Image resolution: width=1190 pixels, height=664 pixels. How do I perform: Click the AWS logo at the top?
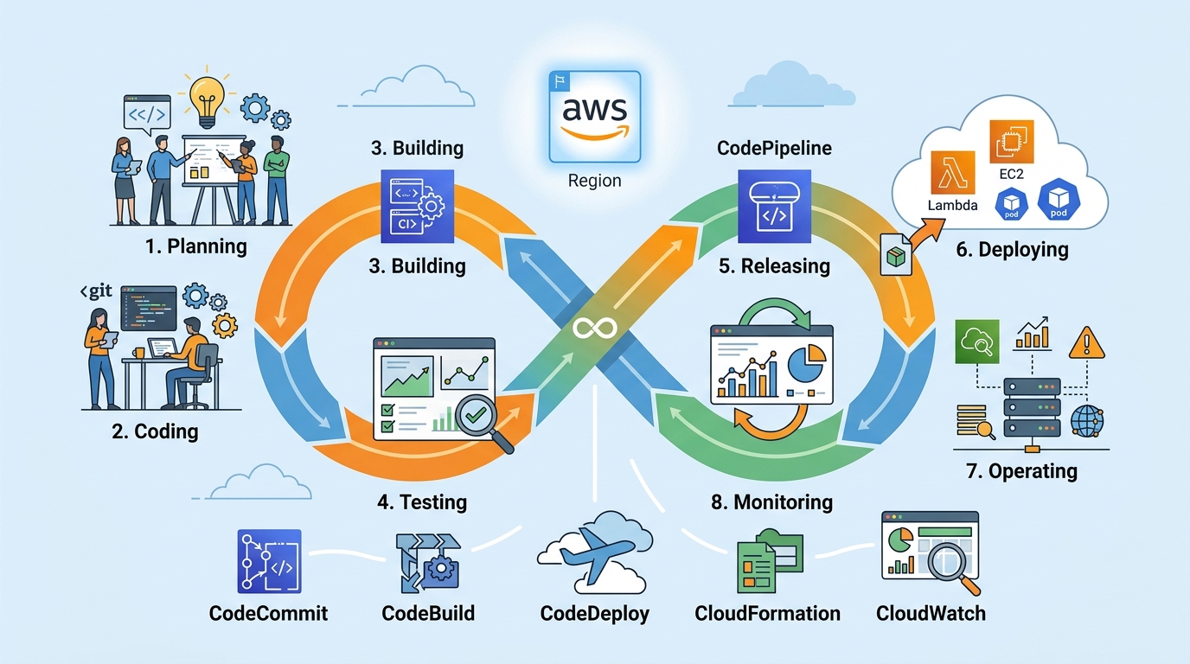[594, 117]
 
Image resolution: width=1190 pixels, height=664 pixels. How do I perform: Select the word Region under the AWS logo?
[594, 181]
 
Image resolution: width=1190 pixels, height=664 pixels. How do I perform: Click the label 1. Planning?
[195, 246]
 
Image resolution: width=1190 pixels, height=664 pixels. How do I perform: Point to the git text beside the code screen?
[95, 292]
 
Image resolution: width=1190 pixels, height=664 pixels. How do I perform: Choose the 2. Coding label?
[155, 431]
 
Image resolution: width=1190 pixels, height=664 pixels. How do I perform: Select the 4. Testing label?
[423, 501]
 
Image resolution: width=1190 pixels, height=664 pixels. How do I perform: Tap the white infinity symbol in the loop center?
[596, 329]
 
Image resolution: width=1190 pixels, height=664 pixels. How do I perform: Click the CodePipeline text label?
[774, 148]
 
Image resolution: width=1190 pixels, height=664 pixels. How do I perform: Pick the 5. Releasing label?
[774, 265]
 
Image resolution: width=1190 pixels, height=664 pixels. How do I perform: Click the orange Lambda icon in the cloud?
[952, 172]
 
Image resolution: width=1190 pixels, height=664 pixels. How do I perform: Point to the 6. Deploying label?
[1012, 250]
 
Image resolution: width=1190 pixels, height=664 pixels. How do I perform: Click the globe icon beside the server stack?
[1086, 421]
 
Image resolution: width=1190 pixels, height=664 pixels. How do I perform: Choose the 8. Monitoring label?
[771, 501]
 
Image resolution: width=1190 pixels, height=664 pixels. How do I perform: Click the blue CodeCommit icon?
[268, 562]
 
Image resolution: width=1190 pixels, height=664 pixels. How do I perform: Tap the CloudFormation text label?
[767, 613]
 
